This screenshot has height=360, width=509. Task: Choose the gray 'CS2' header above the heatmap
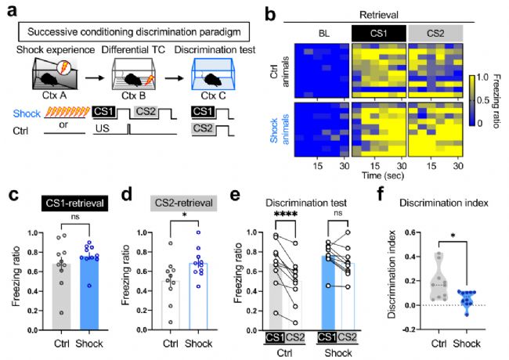tap(437, 34)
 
